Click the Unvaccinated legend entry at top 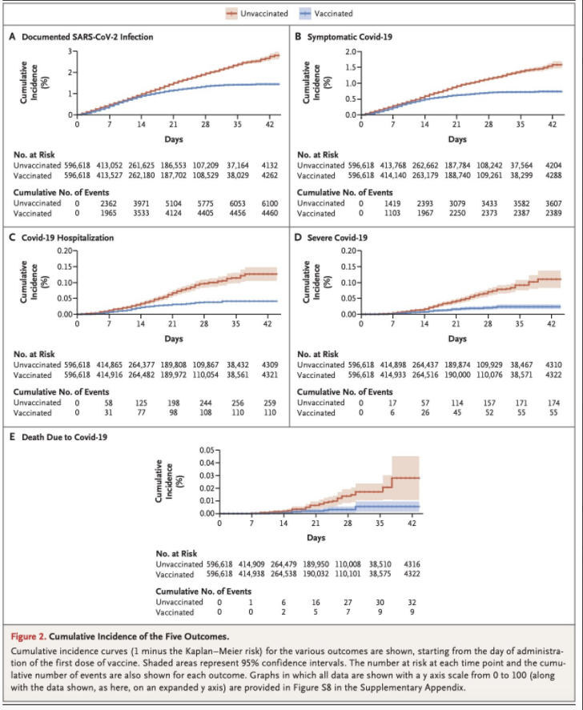point(264,14)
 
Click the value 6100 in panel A point(269,203)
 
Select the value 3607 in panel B point(553,203)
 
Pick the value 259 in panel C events point(269,403)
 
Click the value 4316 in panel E point(411,564)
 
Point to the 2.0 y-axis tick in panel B point(350,52)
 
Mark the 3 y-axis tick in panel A point(70,51)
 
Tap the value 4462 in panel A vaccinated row point(269,214)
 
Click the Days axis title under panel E point(315,536)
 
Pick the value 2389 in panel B point(553,214)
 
